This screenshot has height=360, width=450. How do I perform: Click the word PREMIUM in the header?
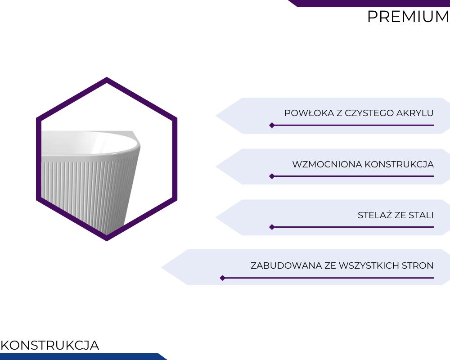tap(408, 17)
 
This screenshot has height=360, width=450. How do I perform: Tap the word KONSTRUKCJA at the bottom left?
tap(50, 345)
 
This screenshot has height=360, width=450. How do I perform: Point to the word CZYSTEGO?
tap(369, 113)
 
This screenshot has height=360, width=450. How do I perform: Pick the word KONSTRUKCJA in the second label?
tap(399, 165)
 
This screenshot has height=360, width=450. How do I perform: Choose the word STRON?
tap(418, 265)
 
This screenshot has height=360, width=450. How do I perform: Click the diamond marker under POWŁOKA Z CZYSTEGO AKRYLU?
tap(272, 125)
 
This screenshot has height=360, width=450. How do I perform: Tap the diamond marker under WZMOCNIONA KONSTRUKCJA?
tap(272, 176)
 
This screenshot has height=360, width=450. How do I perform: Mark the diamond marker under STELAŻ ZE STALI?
tap(272, 227)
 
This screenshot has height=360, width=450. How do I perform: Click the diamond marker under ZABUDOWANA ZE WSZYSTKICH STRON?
tap(222, 278)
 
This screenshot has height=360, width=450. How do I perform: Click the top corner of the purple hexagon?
tap(107, 77)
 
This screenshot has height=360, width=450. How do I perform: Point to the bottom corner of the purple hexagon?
tap(107, 241)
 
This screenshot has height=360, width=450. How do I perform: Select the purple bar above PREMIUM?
tap(369, 4)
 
